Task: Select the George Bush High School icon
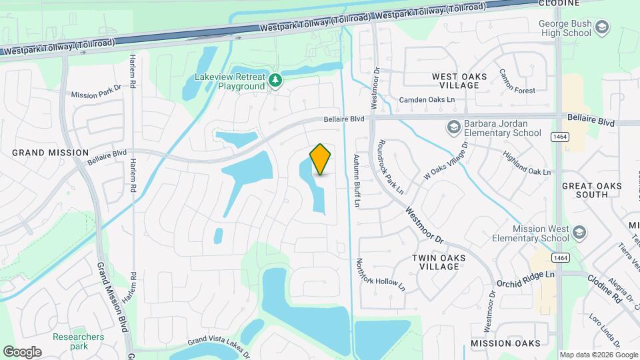point(603,27)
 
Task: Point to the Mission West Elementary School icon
point(579,233)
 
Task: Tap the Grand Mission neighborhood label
point(50,153)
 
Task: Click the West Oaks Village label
point(459,81)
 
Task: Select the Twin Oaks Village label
point(439,262)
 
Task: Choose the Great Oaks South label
point(593,190)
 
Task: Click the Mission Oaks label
point(505,343)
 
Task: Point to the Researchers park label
point(79,341)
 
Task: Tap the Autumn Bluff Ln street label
point(357,180)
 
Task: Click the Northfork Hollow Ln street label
point(381,275)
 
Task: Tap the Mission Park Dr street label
point(97,95)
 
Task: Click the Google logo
point(22,351)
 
